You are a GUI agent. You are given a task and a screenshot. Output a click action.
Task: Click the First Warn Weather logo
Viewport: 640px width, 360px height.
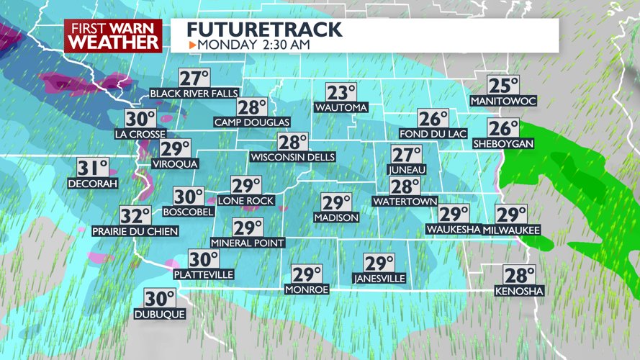point(114,36)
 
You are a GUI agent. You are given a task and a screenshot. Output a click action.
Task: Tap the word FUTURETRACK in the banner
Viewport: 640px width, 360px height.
point(264,30)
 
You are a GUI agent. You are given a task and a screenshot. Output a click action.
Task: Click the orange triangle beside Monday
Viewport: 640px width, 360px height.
point(192,45)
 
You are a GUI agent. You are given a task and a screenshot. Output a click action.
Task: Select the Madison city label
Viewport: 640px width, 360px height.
point(336,217)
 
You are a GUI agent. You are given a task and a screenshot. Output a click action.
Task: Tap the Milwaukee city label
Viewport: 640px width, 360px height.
point(512,230)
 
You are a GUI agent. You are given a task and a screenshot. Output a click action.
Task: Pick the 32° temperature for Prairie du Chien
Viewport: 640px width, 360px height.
point(135,216)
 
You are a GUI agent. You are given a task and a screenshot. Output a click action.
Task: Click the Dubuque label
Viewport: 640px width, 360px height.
point(160,314)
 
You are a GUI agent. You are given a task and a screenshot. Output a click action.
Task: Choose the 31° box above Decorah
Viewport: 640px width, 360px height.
point(93,168)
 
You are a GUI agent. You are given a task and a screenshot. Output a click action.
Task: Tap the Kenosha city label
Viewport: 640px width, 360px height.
point(520,291)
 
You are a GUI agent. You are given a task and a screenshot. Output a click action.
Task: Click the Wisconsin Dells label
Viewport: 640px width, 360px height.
point(293,157)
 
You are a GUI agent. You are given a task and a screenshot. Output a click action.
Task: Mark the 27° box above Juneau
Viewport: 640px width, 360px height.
point(407,155)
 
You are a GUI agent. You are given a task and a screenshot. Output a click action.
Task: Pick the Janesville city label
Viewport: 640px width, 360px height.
point(379,279)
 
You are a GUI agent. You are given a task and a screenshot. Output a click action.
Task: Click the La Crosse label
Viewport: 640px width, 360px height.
point(140,134)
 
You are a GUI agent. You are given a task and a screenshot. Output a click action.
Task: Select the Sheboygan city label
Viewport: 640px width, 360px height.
point(503,144)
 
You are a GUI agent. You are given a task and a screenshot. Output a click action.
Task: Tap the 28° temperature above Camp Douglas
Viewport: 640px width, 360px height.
point(252,108)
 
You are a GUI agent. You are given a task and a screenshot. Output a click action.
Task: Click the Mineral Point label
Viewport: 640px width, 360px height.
point(248,243)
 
